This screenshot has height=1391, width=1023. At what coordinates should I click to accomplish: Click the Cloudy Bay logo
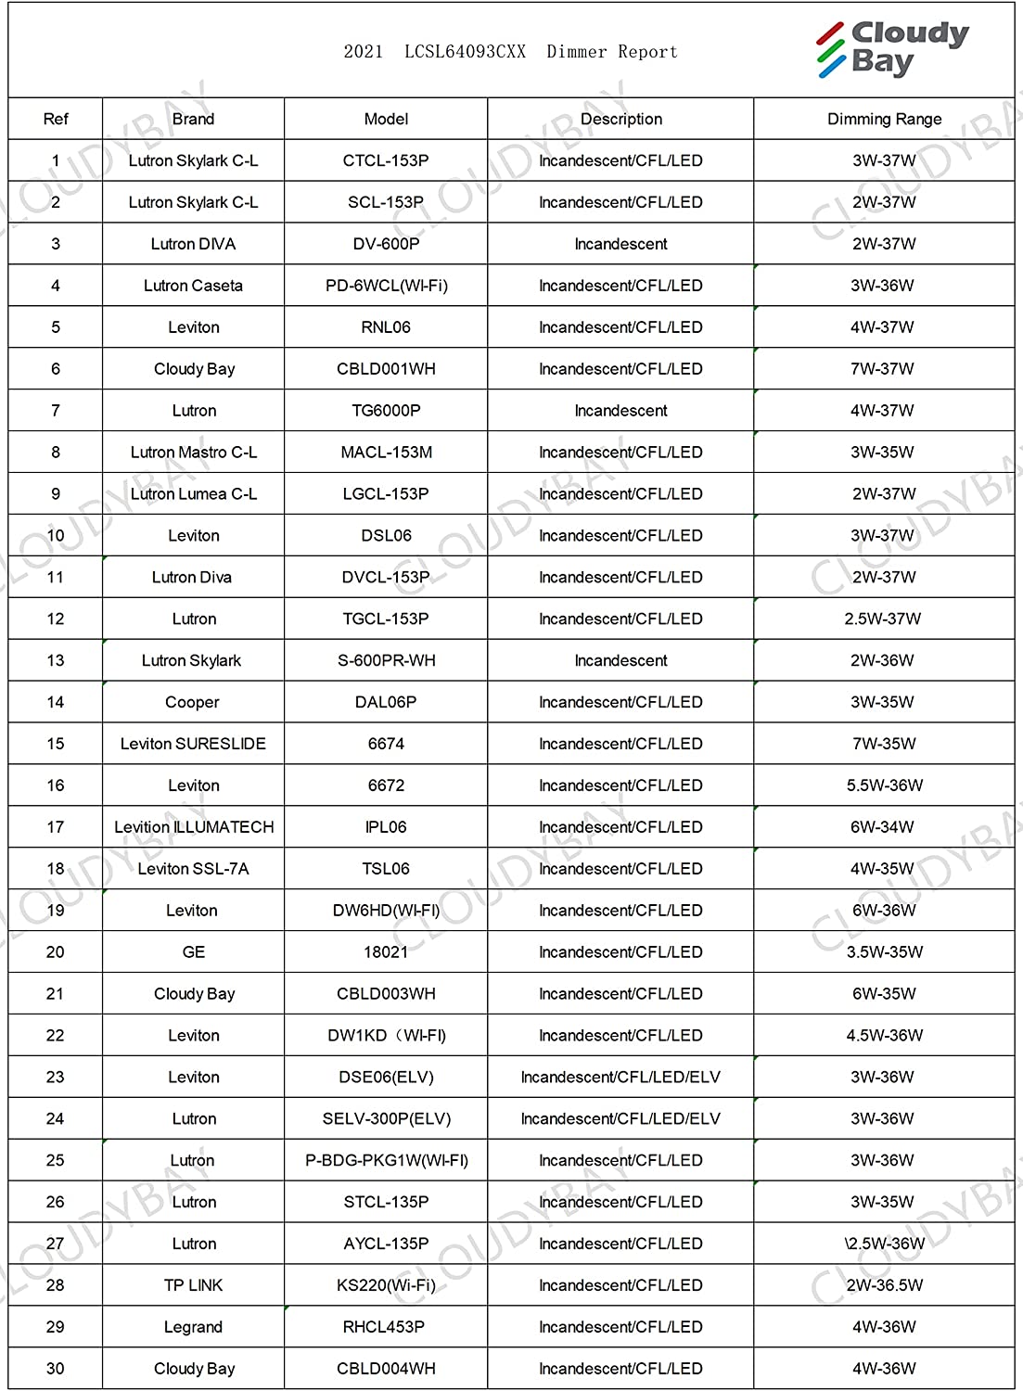tap(892, 48)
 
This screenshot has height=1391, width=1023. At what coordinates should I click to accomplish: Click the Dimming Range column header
tap(884, 119)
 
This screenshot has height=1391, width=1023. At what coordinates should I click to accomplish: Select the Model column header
tap(386, 119)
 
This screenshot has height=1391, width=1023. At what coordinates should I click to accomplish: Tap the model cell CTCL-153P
tap(386, 160)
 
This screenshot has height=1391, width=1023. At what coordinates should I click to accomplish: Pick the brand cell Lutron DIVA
tap(193, 244)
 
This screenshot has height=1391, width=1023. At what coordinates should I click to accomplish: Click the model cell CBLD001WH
tap(386, 369)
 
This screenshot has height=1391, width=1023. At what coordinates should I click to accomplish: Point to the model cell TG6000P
tap(386, 411)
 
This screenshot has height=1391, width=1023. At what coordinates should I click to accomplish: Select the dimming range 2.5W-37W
tap(882, 619)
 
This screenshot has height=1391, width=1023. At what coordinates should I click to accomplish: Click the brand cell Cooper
tap(192, 702)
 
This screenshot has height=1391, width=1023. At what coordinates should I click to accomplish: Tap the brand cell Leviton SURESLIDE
tap(193, 744)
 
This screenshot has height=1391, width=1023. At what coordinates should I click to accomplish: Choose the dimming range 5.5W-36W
tap(884, 785)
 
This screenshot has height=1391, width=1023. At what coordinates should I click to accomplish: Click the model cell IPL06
tap(386, 827)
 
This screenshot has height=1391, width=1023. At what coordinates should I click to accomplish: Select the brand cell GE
tap(194, 952)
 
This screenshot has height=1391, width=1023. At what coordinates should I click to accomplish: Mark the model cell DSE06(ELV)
tap(386, 1077)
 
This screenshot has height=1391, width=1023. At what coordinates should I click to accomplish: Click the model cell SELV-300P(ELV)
tap(386, 1118)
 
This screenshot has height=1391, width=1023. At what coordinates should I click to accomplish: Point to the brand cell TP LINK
tap(193, 1285)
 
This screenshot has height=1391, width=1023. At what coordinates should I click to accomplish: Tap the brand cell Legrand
tap(193, 1327)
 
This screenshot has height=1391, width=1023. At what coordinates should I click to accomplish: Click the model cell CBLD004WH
tap(386, 1369)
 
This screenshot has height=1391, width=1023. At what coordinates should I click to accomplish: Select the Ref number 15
tap(56, 744)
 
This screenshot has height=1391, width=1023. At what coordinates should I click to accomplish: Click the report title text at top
tap(510, 52)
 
